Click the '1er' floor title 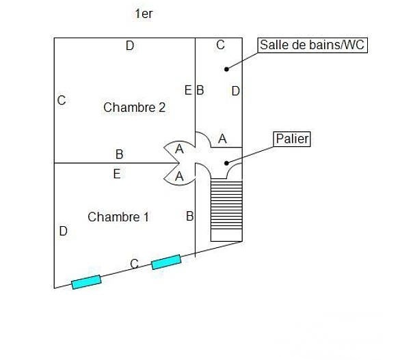click(x=144, y=14)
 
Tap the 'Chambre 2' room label click(x=135, y=107)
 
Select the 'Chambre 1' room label click(x=118, y=217)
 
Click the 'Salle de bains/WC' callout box click(x=312, y=45)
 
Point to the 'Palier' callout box click(x=292, y=139)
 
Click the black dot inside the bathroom click(x=226, y=69)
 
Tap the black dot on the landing click(x=226, y=163)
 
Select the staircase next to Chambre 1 click(x=226, y=210)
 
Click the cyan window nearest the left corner click(x=86, y=282)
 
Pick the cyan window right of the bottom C click(x=166, y=262)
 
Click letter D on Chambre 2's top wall click(x=130, y=46)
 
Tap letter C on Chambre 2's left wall click(x=62, y=100)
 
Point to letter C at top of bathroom click(x=220, y=45)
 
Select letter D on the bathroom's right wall click(x=235, y=91)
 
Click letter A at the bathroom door click(x=222, y=139)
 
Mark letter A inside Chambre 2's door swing click(x=179, y=149)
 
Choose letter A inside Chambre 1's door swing click(x=179, y=176)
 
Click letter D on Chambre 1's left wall click(x=64, y=231)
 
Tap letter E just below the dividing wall click(x=117, y=174)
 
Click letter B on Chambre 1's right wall click(x=190, y=217)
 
